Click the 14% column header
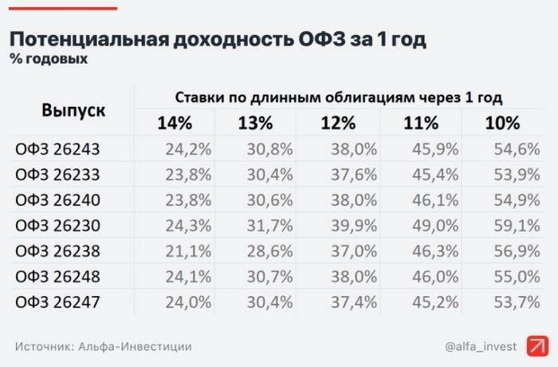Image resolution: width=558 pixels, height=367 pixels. (175, 124)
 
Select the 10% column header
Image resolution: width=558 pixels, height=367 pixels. (502, 124)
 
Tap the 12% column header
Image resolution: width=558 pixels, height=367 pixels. (338, 124)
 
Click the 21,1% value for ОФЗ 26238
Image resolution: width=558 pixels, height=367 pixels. (189, 251)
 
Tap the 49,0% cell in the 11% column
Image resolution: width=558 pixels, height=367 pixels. (435, 226)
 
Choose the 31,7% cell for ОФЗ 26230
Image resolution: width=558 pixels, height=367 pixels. (271, 226)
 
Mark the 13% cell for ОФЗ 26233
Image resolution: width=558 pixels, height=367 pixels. (271, 174)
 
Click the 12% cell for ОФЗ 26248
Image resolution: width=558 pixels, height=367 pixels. (354, 278)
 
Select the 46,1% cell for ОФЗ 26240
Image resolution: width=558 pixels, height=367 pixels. (435, 199)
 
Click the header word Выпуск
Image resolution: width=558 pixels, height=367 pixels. (73, 110)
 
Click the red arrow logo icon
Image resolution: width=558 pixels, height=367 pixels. (538, 346)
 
